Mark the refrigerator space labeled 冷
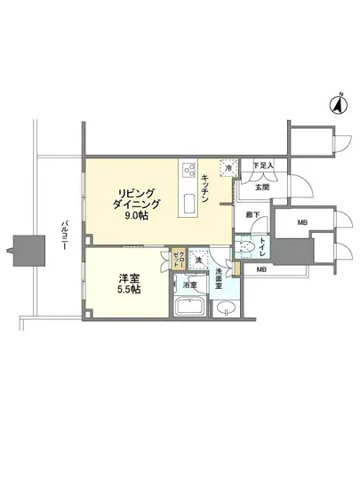[x=228, y=168]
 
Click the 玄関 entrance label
[x=263, y=186]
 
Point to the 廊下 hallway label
[x=253, y=215]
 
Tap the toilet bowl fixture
[x=249, y=245]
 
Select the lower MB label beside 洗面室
[x=262, y=269]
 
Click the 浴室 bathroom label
[x=189, y=286]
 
